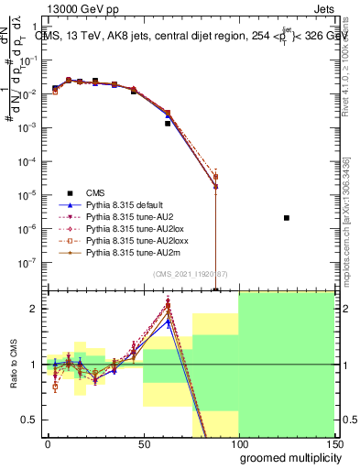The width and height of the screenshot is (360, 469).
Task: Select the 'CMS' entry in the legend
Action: click(95, 192)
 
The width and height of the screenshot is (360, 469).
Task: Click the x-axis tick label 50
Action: click(143, 443)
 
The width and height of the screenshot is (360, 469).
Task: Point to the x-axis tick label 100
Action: click(238, 443)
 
